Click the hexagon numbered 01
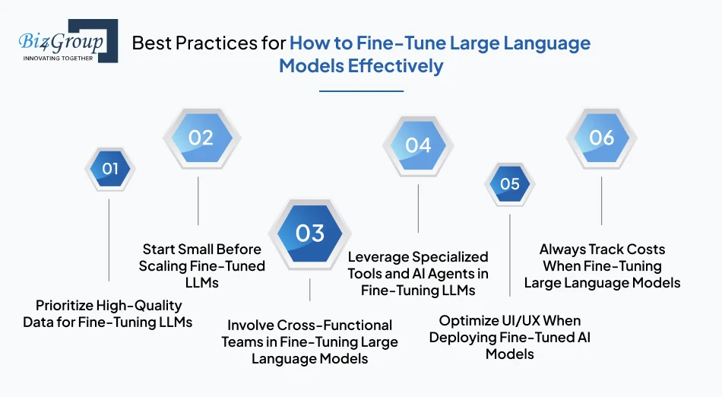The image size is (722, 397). click(110, 168)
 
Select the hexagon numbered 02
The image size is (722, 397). click(201, 138)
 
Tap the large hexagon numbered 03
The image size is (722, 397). click(310, 233)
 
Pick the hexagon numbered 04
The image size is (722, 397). click(418, 145)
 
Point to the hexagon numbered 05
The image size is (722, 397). click(510, 183)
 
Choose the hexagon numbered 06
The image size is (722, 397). click(601, 138)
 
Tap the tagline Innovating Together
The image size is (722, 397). click(58, 58)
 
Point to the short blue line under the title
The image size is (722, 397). click(361, 91)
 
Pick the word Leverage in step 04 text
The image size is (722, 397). click(375, 257)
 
